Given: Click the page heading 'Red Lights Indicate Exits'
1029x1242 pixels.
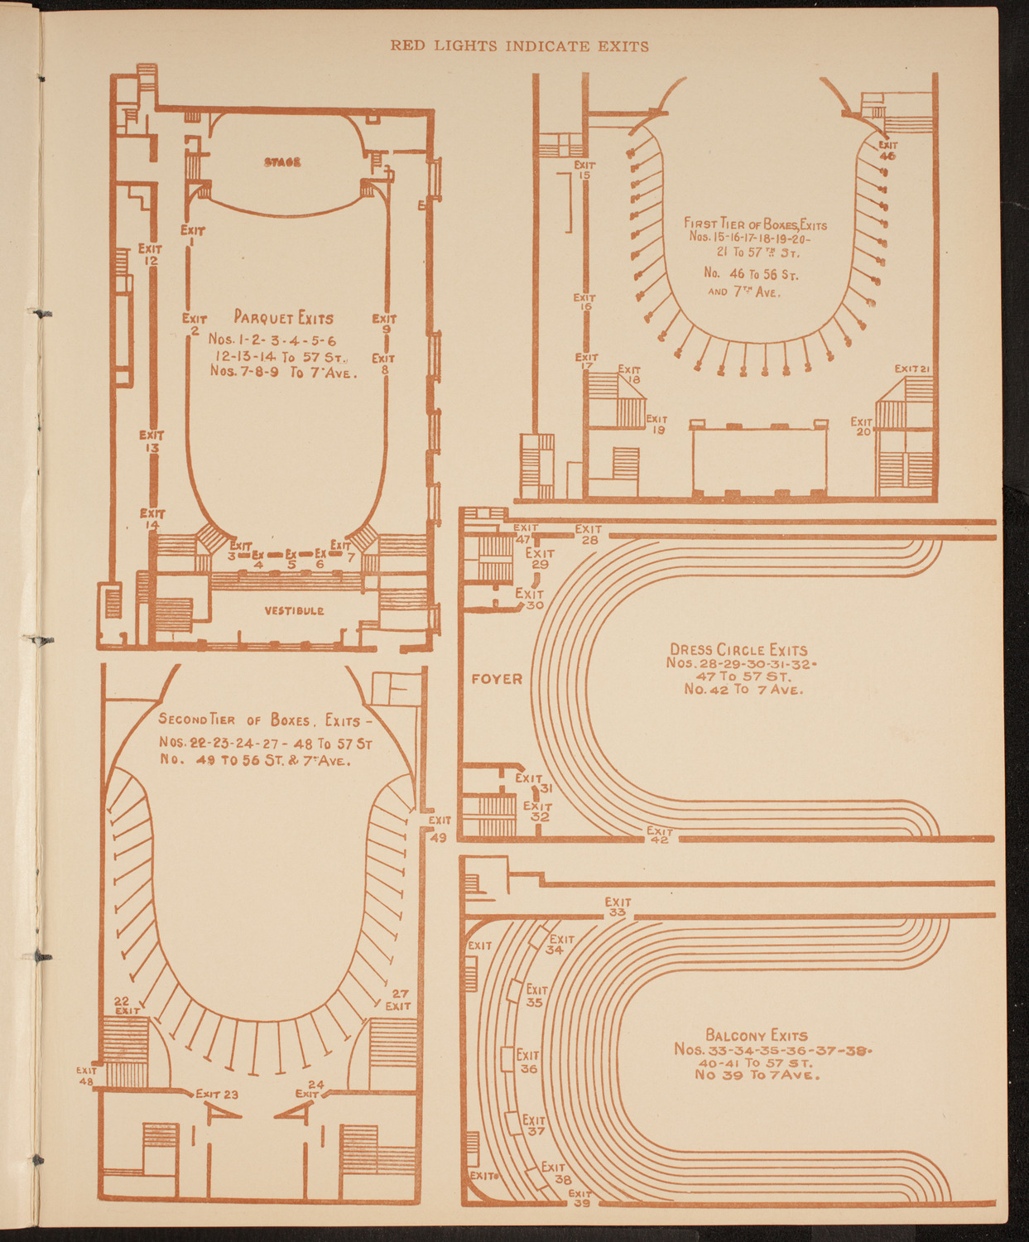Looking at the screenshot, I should (x=519, y=46).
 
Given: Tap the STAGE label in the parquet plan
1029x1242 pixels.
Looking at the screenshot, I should (x=282, y=162).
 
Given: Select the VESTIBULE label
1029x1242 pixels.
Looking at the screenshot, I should (x=294, y=611).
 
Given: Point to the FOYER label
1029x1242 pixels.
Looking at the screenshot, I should (x=497, y=679).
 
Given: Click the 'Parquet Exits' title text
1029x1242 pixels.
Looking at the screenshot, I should (x=283, y=318).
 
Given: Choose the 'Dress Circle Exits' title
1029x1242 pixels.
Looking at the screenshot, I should (x=738, y=650).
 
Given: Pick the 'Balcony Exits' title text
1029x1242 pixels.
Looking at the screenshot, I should (x=757, y=1035).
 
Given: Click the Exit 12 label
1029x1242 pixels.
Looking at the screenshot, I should (x=150, y=254).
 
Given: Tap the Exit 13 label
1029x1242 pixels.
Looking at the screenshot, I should (x=151, y=441).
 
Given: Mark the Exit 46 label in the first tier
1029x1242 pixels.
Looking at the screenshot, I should (x=887, y=150).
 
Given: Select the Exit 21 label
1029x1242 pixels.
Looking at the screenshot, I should (x=914, y=368).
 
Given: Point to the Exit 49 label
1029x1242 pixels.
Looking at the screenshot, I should (x=439, y=828).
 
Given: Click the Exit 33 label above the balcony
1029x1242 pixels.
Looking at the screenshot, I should (x=618, y=907).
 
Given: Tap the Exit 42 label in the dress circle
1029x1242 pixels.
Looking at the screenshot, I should (x=659, y=835).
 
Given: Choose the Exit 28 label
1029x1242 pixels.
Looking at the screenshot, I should (x=589, y=535).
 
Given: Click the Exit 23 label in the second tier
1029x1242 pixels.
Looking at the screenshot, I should (x=217, y=1094).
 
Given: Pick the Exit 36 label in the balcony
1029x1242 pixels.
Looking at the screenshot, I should (x=527, y=1061).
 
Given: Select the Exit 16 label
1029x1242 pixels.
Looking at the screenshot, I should (x=584, y=302).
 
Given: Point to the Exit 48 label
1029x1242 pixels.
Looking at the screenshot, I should (x=86, y=1076).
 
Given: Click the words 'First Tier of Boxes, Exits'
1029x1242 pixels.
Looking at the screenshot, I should (x=755, y=224).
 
